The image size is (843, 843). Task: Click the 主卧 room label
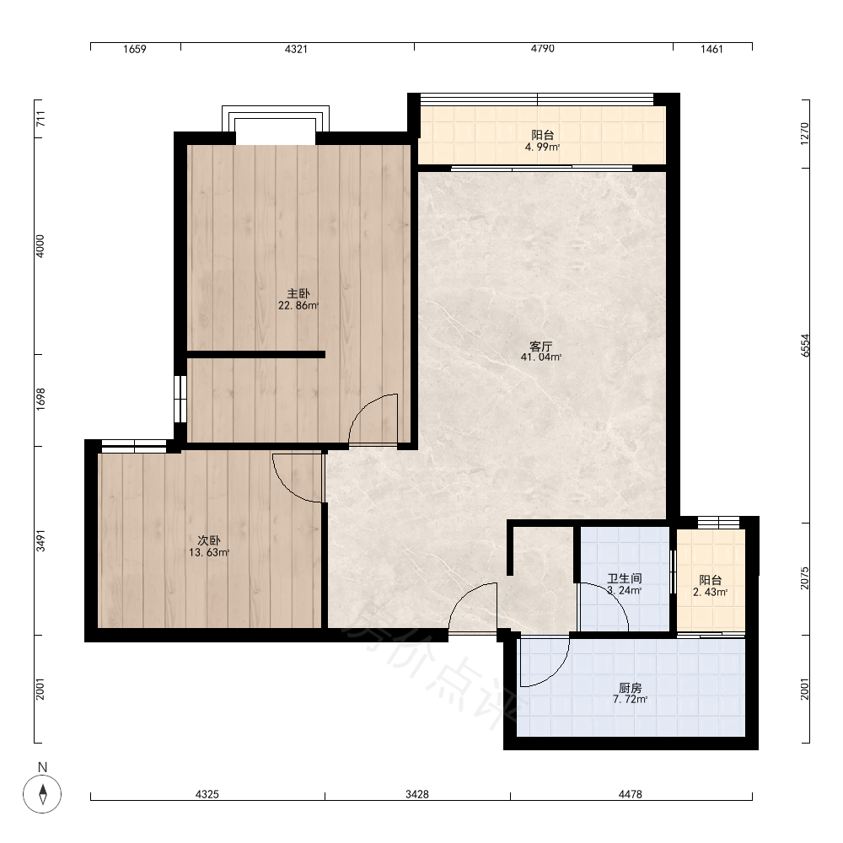(x=298, y=293)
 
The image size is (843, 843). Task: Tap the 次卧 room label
(x=209, y=540)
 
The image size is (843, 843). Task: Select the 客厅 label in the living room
(x=541, y=346)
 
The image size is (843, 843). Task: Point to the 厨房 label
(x=630, y=688)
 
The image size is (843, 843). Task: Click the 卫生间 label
(x=625, y=578)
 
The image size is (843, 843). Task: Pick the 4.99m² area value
(x=542, y=147)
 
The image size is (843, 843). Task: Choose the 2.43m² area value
(x=710, y=592)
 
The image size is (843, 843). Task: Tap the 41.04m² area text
(x=541, y=357)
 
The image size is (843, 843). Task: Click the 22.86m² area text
(x=298, y=305)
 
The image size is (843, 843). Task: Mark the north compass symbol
(x=42, y=793)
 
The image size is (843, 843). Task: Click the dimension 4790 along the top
(x=542, y=49)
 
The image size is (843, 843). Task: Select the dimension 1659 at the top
(x=134, y=49)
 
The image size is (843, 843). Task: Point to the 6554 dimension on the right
(x=805, y=345)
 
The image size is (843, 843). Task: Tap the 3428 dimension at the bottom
(x=417, y=794)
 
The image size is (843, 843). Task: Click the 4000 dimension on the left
(x=40, y=246)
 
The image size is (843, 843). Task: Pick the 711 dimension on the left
(x=40, y=118)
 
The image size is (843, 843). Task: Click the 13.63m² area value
(x=209, y=552)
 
